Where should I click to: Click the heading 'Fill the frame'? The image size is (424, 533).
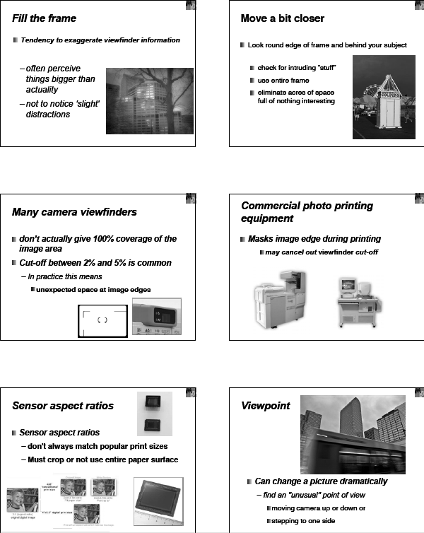point(45,18)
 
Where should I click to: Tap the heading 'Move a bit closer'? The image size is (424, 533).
point(282,18)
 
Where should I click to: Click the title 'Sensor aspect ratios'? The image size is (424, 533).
point(63,406)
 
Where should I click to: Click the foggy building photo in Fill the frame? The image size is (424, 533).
point(149,100)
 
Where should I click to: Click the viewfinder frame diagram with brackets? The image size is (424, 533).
point(102,320)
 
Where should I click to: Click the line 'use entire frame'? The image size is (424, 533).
point(283,81)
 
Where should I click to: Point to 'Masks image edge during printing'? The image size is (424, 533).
point(314,239)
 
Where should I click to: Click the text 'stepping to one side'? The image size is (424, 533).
point(308,521)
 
